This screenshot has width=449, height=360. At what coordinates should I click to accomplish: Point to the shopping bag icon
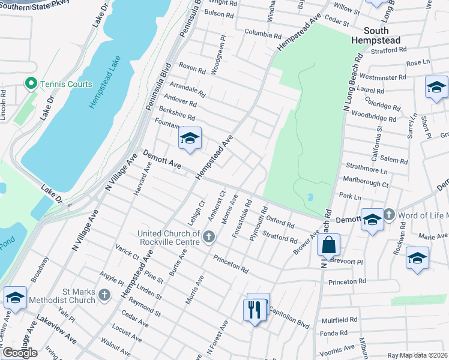click(328, 245)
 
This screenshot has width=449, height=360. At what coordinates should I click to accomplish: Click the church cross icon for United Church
click(209, 236)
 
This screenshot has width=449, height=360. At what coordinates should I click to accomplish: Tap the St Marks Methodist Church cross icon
click(104, 295)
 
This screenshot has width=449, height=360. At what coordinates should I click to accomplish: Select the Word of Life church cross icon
click(389, 214)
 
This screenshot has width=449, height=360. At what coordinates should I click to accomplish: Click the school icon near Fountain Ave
click(190, 139)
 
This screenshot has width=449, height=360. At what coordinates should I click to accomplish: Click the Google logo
click(19, 353)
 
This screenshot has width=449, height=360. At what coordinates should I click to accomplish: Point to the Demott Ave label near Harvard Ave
click(161, 160)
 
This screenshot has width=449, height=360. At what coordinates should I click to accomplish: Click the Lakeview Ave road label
click(56, 326)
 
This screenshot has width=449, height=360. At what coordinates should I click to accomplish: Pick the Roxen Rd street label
click(192, 68)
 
